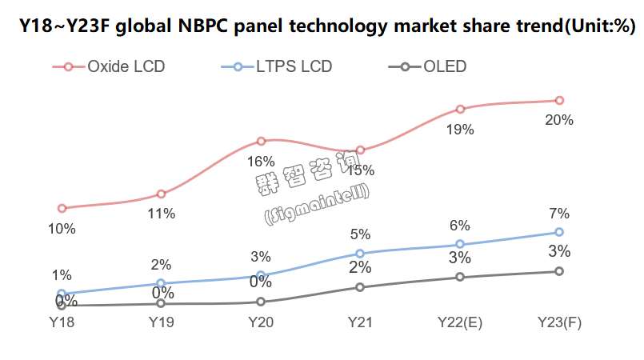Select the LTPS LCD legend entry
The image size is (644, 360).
(277, 66)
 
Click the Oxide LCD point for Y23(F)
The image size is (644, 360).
(559, 100)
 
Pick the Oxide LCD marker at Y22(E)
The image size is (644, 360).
(460, 109)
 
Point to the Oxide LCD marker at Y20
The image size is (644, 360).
(261, 142)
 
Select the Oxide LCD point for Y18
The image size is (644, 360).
(62, 209)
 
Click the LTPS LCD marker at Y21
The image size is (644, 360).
(360, 254)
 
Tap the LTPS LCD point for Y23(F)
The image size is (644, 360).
(559, 233)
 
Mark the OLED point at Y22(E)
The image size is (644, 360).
(460, 277)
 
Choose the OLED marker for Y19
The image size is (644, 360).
(161, 303)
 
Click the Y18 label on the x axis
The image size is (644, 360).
(62, 322)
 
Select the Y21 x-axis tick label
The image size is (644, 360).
(360, 322)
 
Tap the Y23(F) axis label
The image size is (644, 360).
(559, 322)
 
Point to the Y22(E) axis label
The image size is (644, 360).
(460, 322)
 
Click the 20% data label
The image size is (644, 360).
(559, 120)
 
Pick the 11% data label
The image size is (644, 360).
(161, 214)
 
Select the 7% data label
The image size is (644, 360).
(559, 214)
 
